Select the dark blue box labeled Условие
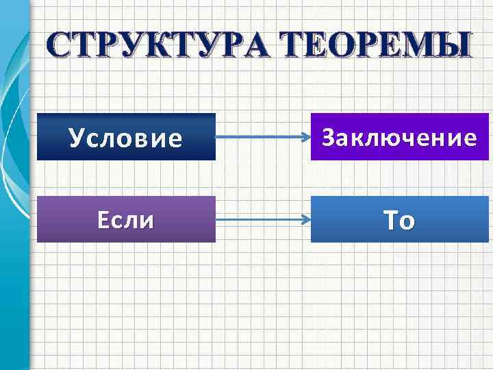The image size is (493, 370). pos(126,137)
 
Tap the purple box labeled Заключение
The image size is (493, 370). pos(400,137)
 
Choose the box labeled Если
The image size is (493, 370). pos(126,219)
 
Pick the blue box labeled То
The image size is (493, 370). pos(400,219)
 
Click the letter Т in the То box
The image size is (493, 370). pos(390,220)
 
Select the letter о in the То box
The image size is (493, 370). pos(408,223)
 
